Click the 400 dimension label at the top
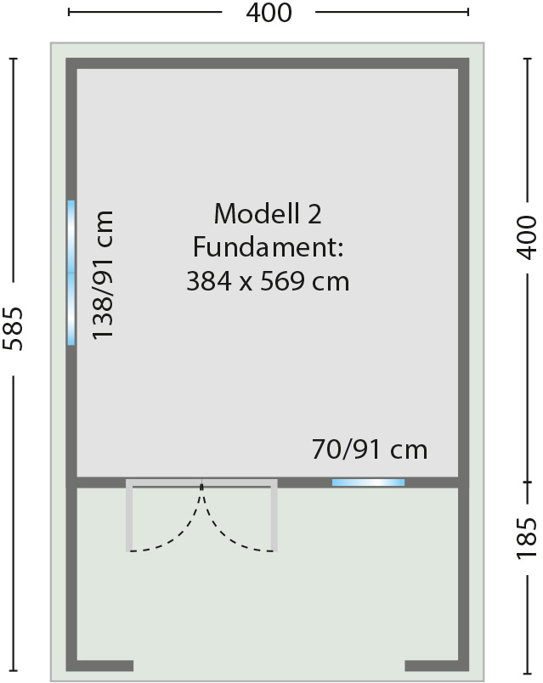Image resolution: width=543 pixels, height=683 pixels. tap(269, 13)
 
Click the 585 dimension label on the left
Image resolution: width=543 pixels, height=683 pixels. tap(13, 329)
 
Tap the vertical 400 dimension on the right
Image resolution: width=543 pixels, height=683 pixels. tap(527, 237)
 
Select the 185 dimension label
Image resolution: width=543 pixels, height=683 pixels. tap(527, 538)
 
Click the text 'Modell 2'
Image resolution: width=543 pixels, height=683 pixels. tap(268, 213)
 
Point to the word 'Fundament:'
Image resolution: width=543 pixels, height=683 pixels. tap(268, 247)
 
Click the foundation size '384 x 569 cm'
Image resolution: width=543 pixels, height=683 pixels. tap(268, 281)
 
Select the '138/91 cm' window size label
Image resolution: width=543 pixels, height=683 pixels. tap(103, 275)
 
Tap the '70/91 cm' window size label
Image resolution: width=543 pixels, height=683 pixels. tap(370, 449)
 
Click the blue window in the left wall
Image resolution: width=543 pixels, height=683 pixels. tap(71, 273)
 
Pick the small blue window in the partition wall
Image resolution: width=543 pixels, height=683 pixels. tap(368, 483)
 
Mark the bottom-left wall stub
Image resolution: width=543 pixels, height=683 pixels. tap(105, 665)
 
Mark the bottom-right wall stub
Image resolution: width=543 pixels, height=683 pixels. tap(432, 665)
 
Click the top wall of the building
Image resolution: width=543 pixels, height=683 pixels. tap(268, 63)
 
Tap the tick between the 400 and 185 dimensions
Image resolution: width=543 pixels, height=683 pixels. tap(528, 483)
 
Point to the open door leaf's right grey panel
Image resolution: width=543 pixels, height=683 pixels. tap(274, 516)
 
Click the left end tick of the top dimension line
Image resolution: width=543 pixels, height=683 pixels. tap(69, 12)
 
